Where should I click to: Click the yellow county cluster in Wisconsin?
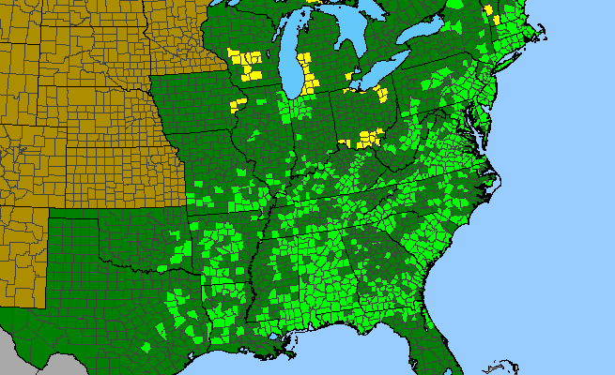pyautogui.click(x=249, y=65)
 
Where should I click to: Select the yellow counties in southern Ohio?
pyautogui.click(x=367, y=140)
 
